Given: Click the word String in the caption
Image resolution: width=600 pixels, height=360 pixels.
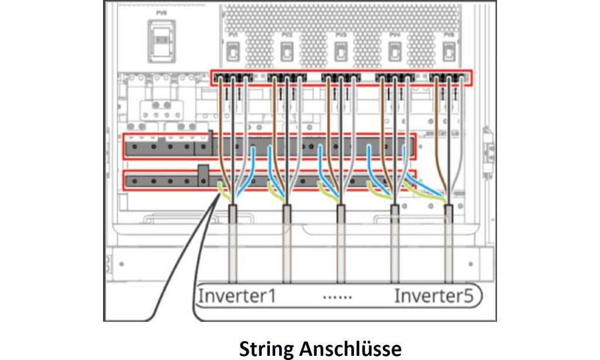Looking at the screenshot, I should [x=267, y=349].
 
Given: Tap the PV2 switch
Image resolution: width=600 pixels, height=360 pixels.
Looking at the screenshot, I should [x=287, y=53].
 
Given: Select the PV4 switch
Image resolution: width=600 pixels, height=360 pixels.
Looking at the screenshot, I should [x=395, y=53].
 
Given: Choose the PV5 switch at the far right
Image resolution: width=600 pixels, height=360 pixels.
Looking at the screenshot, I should [x=448, y=53].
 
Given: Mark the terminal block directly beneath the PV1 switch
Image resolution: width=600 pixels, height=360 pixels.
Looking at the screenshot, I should [x=233, y=77].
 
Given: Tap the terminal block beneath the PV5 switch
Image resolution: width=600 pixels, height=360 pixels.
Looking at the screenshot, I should [x=449, y=77].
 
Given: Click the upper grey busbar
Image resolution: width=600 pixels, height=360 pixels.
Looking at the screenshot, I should [x=269, y=146].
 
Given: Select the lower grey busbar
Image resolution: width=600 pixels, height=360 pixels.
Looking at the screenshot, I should [x=269, y=180].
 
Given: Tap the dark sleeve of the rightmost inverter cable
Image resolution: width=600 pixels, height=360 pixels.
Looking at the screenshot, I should [x=449, y=215].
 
